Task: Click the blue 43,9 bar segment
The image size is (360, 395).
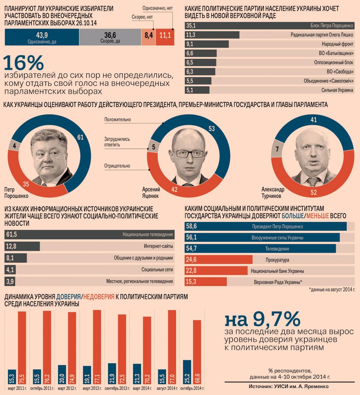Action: pyautogui.click(x=42, y=37)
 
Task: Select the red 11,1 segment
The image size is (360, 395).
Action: pyautogui.click(x=165, y=37)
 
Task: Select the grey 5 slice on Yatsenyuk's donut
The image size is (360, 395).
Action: pyautogui.click(x=153, y=147)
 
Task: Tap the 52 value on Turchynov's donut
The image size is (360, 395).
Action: pyautogui.click(x=314, y=193)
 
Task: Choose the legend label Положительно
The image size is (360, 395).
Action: pyautogui.click(x=117, y=119)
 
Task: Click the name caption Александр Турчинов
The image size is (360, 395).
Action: pyautogui.click(x=272, y=193)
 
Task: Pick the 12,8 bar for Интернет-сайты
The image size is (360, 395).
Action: pyautogui.click(x=22, y=246)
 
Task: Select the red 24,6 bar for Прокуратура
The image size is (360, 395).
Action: pyautogui.click(x=219, y=260)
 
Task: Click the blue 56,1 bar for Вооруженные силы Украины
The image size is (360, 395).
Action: pyautogui.click(x=262, y=237)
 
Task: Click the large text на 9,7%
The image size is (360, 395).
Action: pyautogui.click(x=262, y=319)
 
